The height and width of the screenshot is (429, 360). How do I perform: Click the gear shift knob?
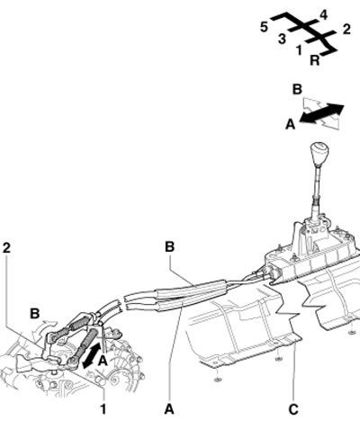pyautogui.click(x=319, y=154)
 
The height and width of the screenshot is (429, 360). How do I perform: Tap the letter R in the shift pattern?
pyautogui.click(x=314, y=60)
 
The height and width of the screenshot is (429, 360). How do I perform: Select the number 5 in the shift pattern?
pyautogui.click(x=264, y=27)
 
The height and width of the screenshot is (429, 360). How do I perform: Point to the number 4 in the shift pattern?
pyautogui.click(x=323, y=14)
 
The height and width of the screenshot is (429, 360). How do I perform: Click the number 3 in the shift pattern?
pyautogui.click(x=282, y=39)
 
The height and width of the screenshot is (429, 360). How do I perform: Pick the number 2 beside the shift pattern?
pyautogui.click(x=346, y=30)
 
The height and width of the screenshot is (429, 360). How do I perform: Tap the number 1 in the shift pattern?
pyautogui.click(x=299, y=50)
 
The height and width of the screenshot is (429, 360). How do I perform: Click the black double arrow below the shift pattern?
pyautogui.click(x=321, y=113)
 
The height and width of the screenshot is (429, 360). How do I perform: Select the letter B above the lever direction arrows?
pyautogui.click(x=297, y=89)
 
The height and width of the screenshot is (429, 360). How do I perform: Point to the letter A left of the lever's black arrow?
pyautogui.click(x=290, y=124)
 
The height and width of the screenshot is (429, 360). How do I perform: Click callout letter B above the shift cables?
pyautogui.click(x=169, y=246)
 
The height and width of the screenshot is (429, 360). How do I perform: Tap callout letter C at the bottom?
pyautogui.click(x=293, y=409)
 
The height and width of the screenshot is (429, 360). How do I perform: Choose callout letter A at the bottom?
pyautogui.click(x=169, y=409)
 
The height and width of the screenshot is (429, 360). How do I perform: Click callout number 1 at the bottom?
pyautogui.click(x=103, y=409)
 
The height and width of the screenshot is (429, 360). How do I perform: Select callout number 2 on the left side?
pyautogui.click(x=6, y=248)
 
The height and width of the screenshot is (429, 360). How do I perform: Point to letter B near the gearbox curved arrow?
pyautogui.click(x=35, y=314)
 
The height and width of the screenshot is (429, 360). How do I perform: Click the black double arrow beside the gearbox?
pyautogui.click(x=92, y=356)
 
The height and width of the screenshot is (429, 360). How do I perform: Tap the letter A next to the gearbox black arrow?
pyautogui.click(x=103, y=361)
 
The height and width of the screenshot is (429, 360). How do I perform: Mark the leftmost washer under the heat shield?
pyautogui.click(x=217, y=380)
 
